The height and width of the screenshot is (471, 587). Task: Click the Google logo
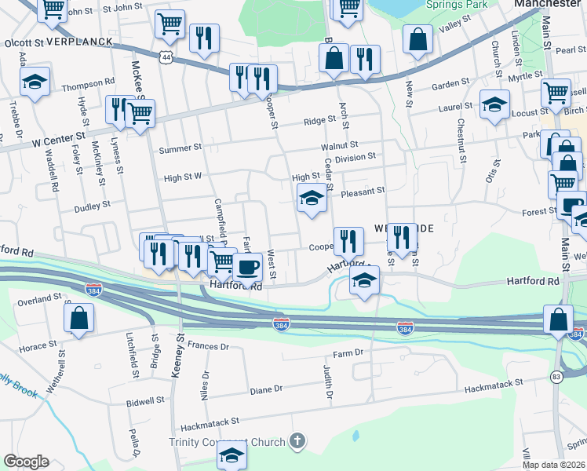[26, 462]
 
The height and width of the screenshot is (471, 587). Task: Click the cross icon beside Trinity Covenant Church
[297, 441]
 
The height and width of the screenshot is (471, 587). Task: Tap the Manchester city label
[547, 4]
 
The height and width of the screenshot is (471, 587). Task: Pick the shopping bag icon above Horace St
[78, 319]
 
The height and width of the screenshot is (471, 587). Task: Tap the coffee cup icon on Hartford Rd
[248, 267]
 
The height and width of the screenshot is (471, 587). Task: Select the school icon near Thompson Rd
[35, 82]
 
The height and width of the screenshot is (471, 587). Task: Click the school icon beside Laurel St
[494, 104]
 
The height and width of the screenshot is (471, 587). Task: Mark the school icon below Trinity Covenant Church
[232, 455]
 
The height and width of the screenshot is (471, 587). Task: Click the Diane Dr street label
[265, 389]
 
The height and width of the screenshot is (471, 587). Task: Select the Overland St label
[42, 299]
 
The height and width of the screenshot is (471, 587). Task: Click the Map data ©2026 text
[554, 465]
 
